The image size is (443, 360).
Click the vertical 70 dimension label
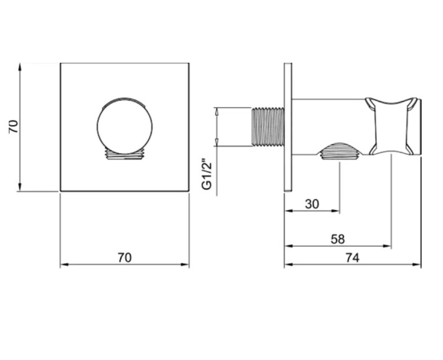[13, 126]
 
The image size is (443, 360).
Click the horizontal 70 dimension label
[125, 257]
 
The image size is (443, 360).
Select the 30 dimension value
[312, 204]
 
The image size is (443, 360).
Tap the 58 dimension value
[338, 239]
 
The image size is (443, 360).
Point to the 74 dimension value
[353, 257]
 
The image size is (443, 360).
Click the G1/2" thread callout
[207, 175]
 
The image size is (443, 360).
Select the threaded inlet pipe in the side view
[268, 126]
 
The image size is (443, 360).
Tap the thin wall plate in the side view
[288, 127]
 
